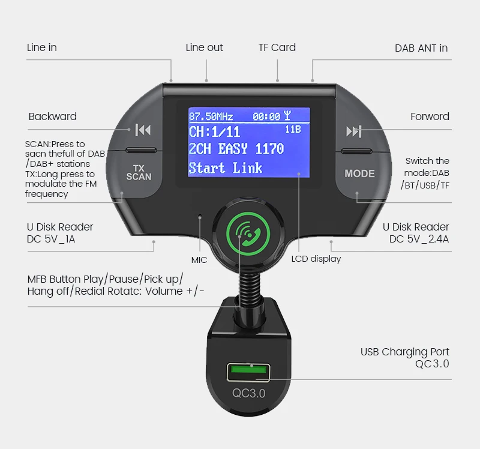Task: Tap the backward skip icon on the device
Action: [143, 130]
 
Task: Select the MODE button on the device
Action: [359, 173]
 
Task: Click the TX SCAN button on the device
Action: [139, 172]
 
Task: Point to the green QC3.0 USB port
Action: [247, 372]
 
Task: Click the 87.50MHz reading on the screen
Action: [211, 116]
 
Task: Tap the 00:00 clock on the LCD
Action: [266, 116]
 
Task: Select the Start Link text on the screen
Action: [226, 167]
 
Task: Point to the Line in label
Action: [42, 47]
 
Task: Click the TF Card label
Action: [277, 47]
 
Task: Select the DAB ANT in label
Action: [421, 48]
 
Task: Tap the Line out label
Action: [205, 47]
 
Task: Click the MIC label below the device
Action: [199, 260]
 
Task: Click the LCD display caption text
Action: [316, 259]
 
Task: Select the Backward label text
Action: [53, 116]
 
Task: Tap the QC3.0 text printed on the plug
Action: [248, 393]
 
